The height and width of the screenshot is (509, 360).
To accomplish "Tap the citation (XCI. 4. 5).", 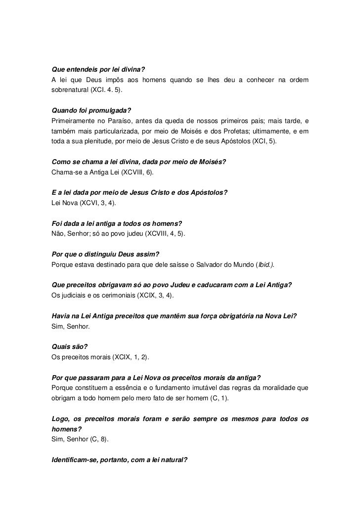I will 108,91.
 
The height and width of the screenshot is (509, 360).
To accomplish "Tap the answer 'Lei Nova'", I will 63,203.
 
